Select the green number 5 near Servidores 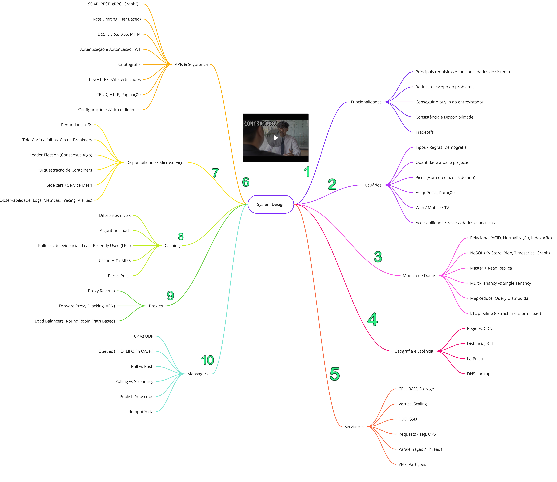pyautogui.click(x=335, y=374)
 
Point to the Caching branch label pyautogui.click(x=172, y=246)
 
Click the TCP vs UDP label pyautogui.click(x=143, y=336)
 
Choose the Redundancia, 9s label pyautogui.click(x=77, y=125)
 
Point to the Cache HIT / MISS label pyautogui.click(x=115, y=261)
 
